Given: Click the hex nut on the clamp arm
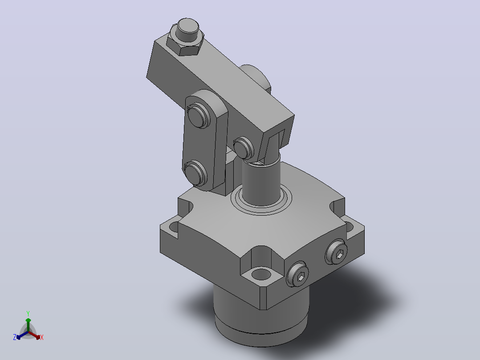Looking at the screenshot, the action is click(x=184, y=45).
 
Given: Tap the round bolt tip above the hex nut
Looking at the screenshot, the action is click(x=187, y=26).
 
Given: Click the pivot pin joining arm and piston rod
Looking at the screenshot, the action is click(x=243, y=148).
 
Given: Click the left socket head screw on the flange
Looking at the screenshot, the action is click(x=297, y=274).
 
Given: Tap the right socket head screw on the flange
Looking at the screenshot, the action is click(x=336, y=252).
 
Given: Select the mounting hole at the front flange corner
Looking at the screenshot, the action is click(x=261, y=273).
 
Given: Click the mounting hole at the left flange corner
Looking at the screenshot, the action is click(x=173, y=227).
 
